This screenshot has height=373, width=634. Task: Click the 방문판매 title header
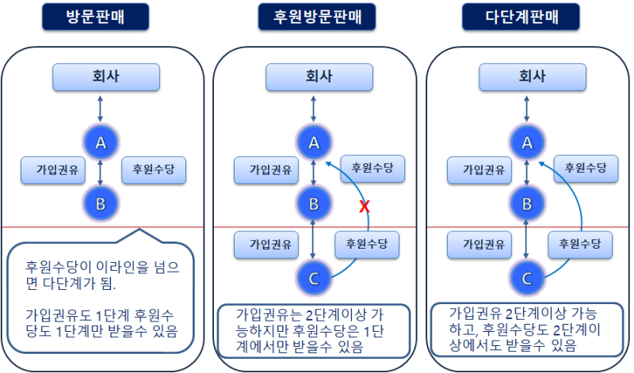coord(100,17)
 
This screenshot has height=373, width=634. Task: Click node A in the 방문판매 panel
coord(101,143)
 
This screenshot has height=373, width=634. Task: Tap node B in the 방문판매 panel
coord(101,204)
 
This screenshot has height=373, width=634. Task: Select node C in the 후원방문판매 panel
coord(314,277)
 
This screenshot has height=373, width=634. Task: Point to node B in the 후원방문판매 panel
coord(314,204)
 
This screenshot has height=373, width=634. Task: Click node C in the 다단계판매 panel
coord(525,277)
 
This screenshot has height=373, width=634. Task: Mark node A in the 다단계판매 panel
coord(526,143)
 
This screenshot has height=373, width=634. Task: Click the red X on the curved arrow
coord(365,207)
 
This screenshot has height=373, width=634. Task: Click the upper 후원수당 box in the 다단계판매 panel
coord(585,167)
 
